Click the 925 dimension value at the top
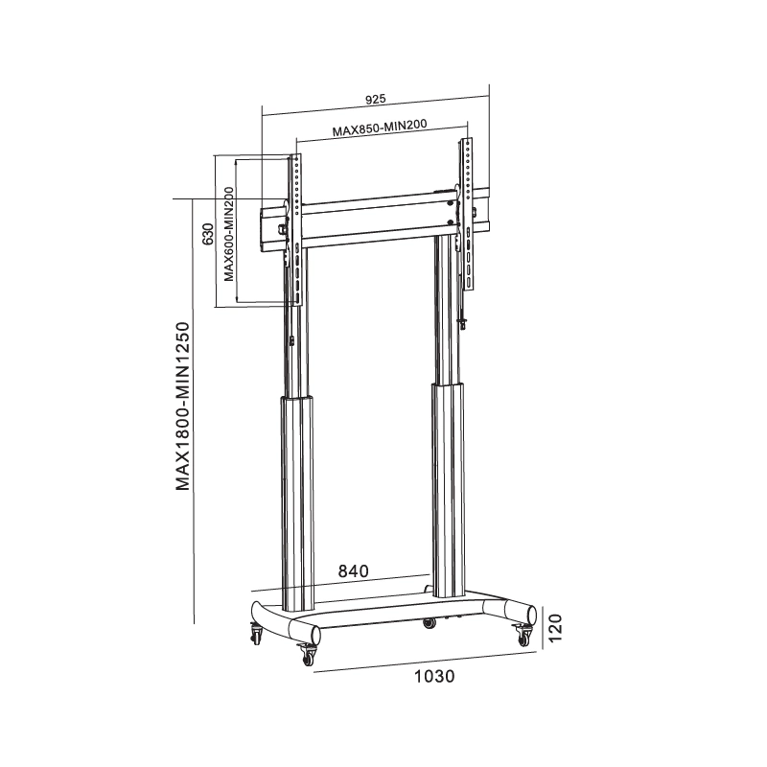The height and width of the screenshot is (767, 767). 375,98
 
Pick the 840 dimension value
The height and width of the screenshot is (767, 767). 353,570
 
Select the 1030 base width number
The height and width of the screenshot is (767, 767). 432,675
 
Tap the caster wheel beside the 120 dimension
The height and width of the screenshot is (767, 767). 524,634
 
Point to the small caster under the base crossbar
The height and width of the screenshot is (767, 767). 429,623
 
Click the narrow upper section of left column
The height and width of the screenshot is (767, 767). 297,345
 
